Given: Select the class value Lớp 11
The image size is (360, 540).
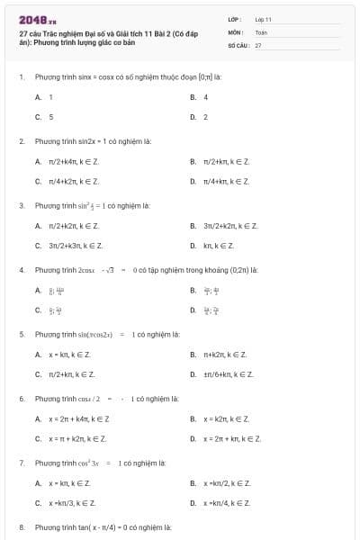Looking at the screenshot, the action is click(x=264, y=18).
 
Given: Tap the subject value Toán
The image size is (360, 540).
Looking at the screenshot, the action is click(x=261, y=31).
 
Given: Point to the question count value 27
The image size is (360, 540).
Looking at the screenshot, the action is click(x=258, y=44).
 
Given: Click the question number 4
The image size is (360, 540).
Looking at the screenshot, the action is click(x=21, y=270).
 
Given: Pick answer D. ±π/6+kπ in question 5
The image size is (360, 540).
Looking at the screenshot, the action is click(x=228, y=374).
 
